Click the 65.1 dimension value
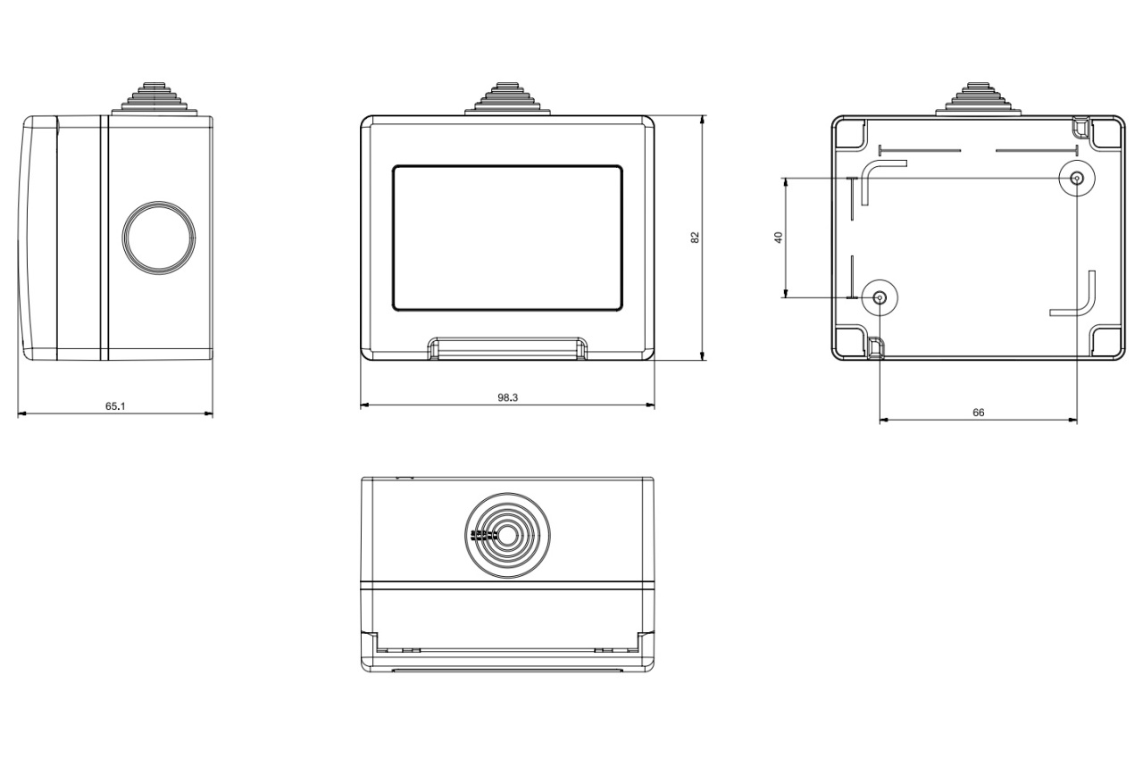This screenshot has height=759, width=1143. [x=115, y=406]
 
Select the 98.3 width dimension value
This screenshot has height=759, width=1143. [x=508, y=397]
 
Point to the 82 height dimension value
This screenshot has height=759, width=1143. [x=695, y=238]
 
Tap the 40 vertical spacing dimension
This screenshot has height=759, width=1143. [x=778, y=238]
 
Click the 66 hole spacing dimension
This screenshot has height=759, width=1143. [x=978, y=413]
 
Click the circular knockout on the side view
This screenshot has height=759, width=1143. [x=159, y=238]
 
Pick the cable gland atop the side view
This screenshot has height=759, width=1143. [x=155, y=97]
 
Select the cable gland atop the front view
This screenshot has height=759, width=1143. [x=507, y=97]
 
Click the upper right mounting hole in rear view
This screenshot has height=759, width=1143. [x=1077, y=179]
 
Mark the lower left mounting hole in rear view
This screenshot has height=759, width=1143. [x=880, y=297]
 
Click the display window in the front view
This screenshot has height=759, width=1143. [x=507, y=238]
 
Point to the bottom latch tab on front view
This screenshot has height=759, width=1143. [x=507, y=348]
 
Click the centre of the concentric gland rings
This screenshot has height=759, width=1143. [x=507, y=536]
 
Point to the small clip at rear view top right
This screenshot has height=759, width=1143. [x=1081, y=128]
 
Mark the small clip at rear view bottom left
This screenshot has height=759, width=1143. [x=876, y=347]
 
